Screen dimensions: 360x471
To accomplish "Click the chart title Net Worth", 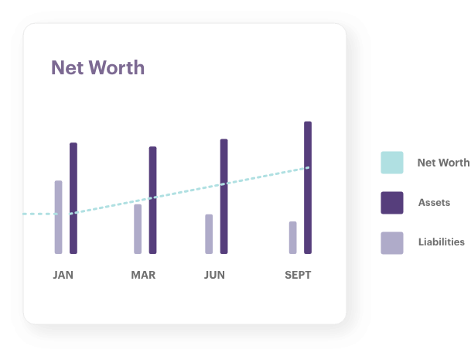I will [97, 67].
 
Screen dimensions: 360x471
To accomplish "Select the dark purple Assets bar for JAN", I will [73, 197].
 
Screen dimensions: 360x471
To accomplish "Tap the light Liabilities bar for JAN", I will [58, 217].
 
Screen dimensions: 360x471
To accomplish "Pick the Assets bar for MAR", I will [152, 200].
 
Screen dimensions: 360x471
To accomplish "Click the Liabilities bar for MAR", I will [138, 228].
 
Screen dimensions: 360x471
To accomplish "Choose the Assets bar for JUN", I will [224, 196].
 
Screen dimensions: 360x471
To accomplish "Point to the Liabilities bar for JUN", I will [209, 234].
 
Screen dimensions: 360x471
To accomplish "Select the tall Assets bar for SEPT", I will [307, 187].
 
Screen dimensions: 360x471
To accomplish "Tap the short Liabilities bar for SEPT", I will [292, 237].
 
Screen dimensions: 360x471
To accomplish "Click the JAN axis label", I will [63, 275].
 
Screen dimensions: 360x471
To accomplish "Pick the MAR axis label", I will [143, 275].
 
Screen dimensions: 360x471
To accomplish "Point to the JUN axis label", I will [214, 275].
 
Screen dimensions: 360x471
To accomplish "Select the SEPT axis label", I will [298, 275].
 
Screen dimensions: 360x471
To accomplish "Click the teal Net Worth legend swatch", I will [392, 163].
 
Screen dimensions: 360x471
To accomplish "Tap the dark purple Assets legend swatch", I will [392, 203].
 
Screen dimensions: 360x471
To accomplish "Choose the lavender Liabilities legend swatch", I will [392, 242].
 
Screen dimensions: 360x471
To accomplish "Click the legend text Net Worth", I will [443, 163].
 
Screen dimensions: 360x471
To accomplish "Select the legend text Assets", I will [435, 202].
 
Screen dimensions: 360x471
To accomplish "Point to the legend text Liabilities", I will [442, 242].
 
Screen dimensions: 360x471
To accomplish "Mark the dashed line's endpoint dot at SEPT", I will [308, 167].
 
